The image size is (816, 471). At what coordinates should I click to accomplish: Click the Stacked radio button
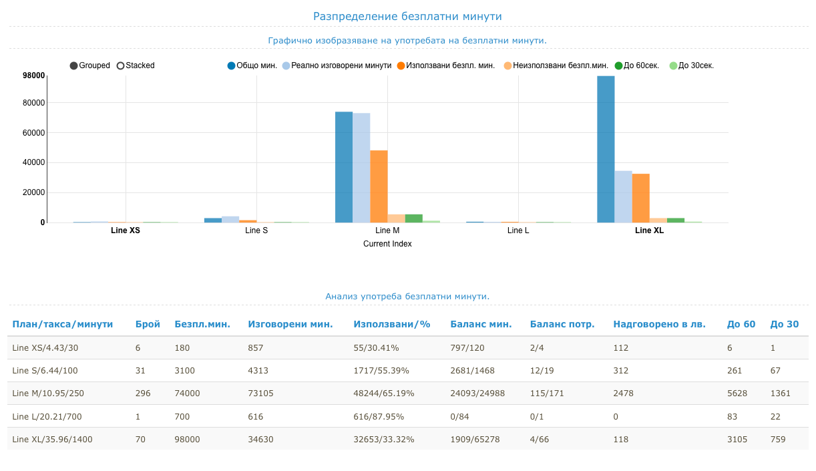pyautogui.click(x=121, y=65)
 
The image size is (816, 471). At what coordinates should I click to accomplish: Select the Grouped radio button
pyautogui.click(x=74, y=65)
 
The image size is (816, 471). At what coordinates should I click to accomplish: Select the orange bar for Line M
pyautogui.click(x=379, y=186)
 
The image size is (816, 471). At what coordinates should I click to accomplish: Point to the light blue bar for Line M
pyautogui.click(x=361, y=168)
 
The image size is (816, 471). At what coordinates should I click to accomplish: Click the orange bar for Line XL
pyautogui.click(x=640, y=198)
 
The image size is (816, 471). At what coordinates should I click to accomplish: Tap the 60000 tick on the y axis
pyautogui.click(x=33, y=133)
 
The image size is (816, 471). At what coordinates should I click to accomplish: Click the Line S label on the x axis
pyautogui.click(x=256, y=230)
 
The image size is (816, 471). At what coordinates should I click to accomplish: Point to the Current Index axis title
pyautogui.click(x=387, y=244)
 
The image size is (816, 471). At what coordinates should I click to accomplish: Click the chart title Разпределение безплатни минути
pyautogui.click(x=407, y=16)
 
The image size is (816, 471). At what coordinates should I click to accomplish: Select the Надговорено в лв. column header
pyautogui.click(x=659, y=324)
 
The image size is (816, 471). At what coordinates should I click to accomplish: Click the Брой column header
pyautogui.click(x=148, y=324)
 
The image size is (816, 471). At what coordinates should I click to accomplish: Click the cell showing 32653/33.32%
pyautogui.click(x=384, y=439)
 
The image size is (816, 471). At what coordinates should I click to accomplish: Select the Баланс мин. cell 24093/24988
pyautogui.click(x=477, y=394)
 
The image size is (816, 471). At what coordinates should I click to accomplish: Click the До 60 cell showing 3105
pyautogui.click(x=737, y=439)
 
